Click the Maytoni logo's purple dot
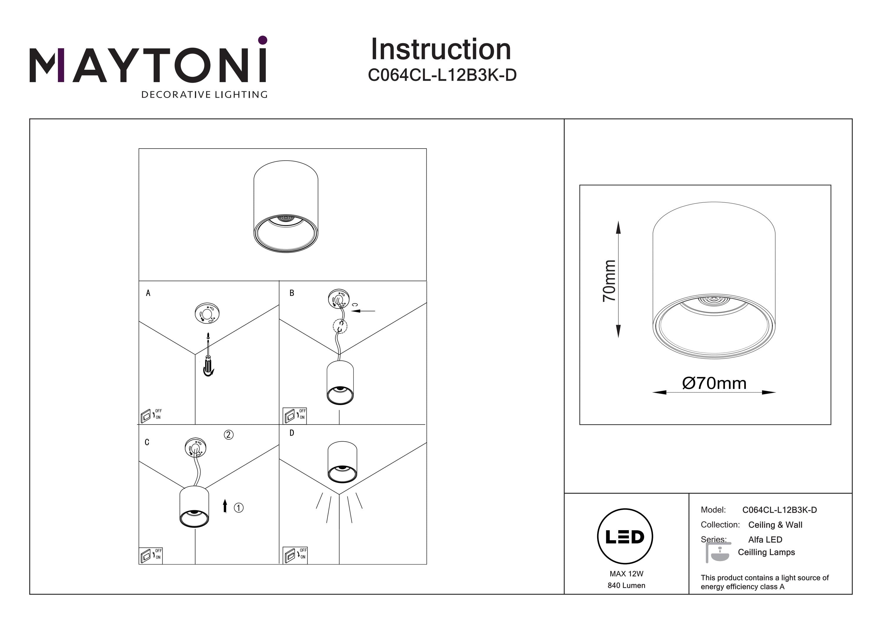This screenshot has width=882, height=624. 263,40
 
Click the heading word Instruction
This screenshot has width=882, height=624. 441,50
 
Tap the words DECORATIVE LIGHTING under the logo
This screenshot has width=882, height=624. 204,94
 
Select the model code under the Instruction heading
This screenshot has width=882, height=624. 442,75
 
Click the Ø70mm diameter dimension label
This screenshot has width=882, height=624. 714,383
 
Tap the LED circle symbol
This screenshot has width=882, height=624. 625,537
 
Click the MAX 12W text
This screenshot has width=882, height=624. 626,574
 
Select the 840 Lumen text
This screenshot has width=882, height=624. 626,585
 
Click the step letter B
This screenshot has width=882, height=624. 292,293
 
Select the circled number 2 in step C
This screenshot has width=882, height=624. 228,435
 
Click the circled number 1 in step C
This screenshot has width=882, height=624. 238,508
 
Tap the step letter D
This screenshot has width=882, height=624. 292,433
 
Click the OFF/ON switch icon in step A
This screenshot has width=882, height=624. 151,415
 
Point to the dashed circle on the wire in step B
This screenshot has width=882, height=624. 340,327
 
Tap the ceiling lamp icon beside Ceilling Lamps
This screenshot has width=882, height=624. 718,553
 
